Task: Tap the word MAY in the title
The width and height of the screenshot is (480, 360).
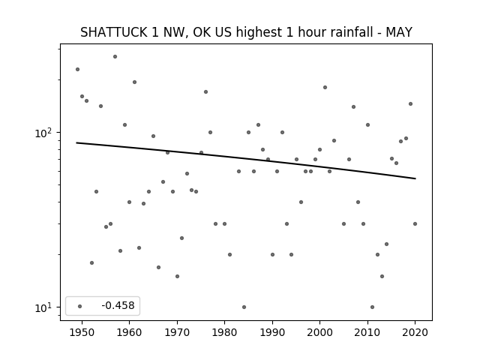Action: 399,32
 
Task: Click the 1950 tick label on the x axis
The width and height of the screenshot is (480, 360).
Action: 82,332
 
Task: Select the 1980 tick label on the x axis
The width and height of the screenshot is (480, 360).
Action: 224,332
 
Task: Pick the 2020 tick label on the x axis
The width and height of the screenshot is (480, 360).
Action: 415,332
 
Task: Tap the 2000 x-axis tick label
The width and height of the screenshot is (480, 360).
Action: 319,332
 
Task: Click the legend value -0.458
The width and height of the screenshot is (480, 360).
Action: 118,305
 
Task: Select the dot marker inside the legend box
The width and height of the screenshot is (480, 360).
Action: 80,306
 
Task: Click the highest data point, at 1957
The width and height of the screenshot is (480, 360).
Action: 115,57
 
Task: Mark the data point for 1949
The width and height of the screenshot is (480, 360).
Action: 77,70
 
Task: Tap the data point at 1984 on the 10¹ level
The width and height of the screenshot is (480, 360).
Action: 244,307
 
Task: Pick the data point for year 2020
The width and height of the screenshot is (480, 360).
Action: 415,223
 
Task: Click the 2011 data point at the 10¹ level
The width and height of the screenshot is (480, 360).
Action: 372,307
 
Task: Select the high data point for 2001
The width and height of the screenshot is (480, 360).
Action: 325,87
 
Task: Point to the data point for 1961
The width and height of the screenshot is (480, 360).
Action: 134,82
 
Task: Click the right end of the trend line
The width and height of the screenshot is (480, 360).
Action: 415,178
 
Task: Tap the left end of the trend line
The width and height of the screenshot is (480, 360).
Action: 76,142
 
